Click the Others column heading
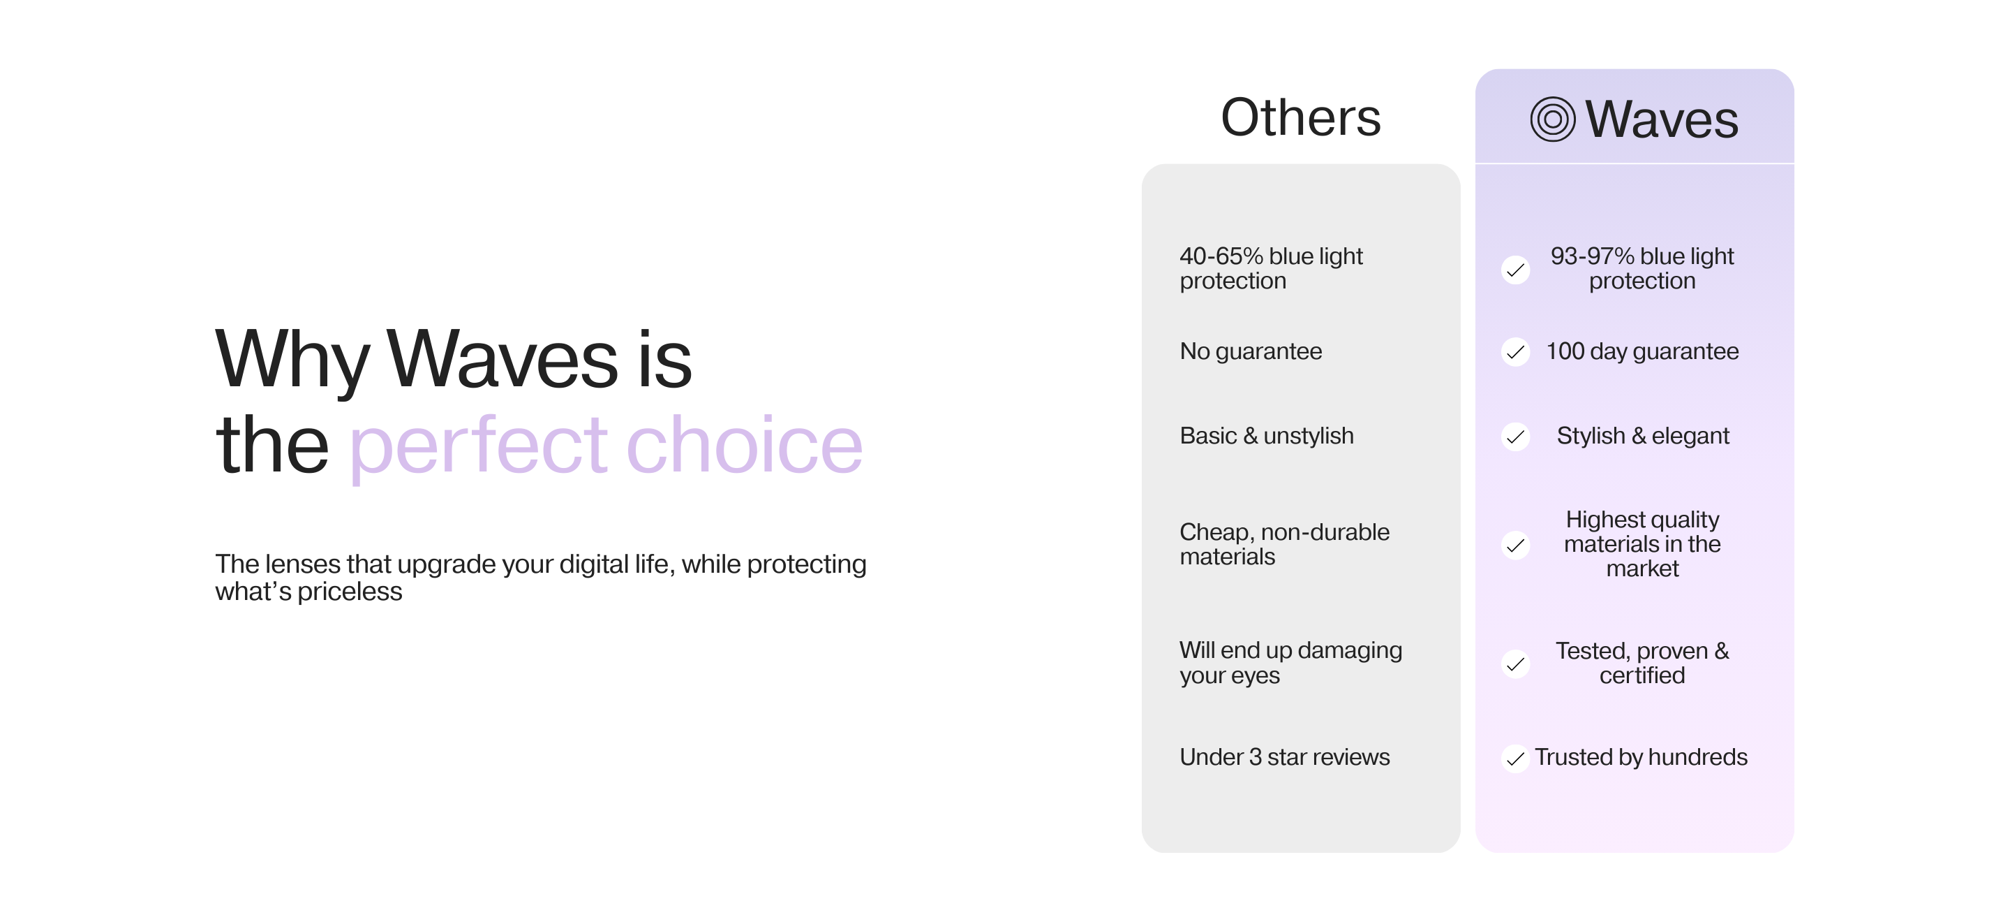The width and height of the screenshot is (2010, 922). (x=1301, y=118)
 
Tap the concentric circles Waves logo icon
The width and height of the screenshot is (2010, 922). (x=1553, y=119)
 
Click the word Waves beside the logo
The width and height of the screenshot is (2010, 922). (x=1662, y=119)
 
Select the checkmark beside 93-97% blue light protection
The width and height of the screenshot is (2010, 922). (x=1515, y=270)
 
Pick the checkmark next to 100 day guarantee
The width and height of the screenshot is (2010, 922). (x=1515, y=352)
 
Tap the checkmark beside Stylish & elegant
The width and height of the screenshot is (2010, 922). (x=1515, y=437)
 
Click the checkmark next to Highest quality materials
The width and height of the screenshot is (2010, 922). (x=1515, y=545)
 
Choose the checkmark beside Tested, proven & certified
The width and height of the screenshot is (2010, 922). (x=1515, y=664)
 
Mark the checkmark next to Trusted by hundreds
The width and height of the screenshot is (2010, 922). (x=1515, y=758)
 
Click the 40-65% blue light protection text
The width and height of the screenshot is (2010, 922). (x=1271, y=268)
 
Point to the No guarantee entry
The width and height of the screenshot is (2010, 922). (x=1251, y=352)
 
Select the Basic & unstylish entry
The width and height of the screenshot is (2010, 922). (x=1267, y=436)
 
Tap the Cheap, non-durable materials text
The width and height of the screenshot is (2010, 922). (x=1284, y=544)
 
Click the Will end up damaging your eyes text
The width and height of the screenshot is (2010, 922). (x=1290, y=663)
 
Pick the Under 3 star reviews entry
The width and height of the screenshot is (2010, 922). (x=1284, y=757)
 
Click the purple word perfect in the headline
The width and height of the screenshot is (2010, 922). (x=477, y=446)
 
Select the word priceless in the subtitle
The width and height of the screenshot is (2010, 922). (x=350, y=592)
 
